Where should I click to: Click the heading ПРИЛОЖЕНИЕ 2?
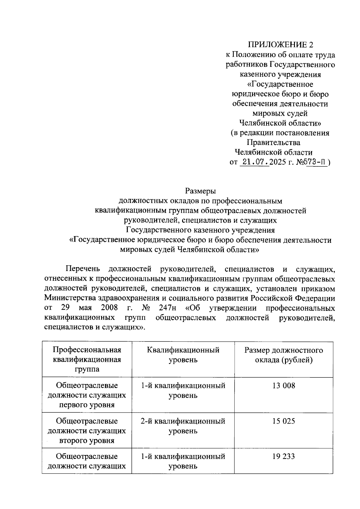coord(280,45)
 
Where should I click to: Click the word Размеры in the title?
coord(200,191)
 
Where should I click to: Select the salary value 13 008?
coord(283,385)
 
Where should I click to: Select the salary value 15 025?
coord(283,421)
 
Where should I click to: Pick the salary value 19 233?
coord(283,457)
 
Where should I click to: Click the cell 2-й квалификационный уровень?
coord(183,426)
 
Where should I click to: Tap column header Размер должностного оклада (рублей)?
coord(283,355)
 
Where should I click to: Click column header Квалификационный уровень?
coord(183,355)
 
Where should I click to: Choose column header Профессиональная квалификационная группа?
coord(87,359)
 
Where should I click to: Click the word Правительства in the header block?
coord(273,142)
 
